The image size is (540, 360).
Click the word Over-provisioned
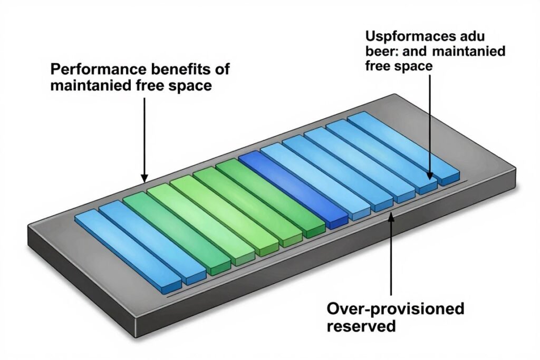(395, 308)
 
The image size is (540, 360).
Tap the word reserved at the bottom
(361, 325)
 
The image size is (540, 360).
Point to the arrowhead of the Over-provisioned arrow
(390, 216)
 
